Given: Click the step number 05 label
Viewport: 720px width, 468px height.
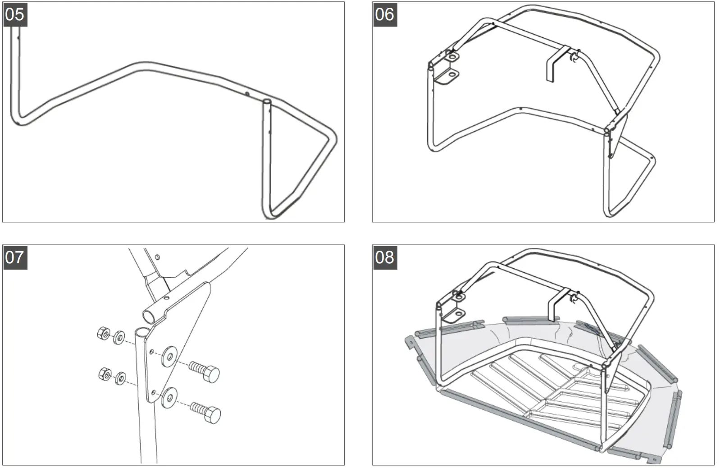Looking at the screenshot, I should click(15, 14).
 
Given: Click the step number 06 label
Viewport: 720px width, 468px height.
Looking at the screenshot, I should click(385, 14).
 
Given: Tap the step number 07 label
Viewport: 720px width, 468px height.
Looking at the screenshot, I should click(15, 257).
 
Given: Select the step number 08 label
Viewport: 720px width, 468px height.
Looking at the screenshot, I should click(385, 257).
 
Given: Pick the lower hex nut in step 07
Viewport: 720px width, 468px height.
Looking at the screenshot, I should click(105, 374).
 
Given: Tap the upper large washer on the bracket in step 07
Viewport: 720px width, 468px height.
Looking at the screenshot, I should click(170, 356).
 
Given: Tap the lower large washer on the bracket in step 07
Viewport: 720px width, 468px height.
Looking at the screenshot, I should click(170, 396).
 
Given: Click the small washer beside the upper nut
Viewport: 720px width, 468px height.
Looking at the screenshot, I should click(119, 337).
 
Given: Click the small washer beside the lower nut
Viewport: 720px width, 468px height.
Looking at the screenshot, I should click(120, 378).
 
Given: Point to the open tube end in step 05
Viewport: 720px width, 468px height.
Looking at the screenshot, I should click(267, 103).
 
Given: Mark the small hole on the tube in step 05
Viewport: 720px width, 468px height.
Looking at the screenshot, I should click(247, 94).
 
